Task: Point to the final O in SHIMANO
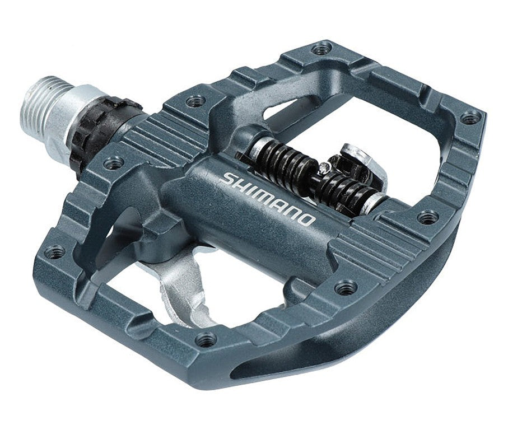(307, 219)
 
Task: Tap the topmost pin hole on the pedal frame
(320, 49)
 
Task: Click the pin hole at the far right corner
(469, 118)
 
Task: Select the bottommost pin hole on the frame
(206, 339)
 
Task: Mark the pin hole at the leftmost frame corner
(54, 252)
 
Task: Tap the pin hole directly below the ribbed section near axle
(114, 163)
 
